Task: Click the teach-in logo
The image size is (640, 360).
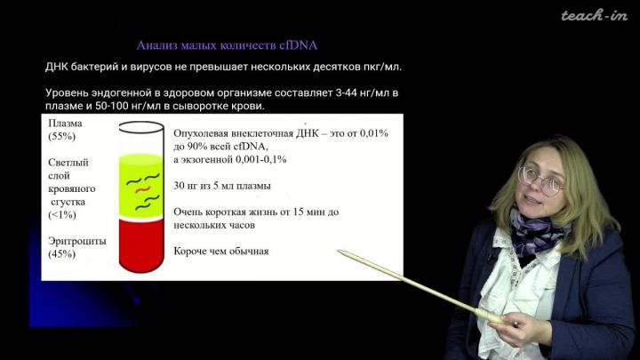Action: point(594,16)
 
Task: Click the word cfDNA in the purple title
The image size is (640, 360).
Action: point(299,45)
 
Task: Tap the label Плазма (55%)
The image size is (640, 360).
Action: point(65,130)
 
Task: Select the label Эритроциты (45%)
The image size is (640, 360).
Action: point(77,247)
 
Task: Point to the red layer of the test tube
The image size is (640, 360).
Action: point(141,245)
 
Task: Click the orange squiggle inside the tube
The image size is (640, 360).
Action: point(143,190)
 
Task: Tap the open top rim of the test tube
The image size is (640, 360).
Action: point(141,127)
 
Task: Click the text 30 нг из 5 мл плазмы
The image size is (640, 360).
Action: point(222,186)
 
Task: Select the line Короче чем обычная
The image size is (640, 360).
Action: point(221,251)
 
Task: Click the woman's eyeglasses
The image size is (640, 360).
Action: point(541,180)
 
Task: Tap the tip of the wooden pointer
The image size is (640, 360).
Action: point(339,251)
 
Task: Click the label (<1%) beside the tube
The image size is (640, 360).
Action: point(62,215)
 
